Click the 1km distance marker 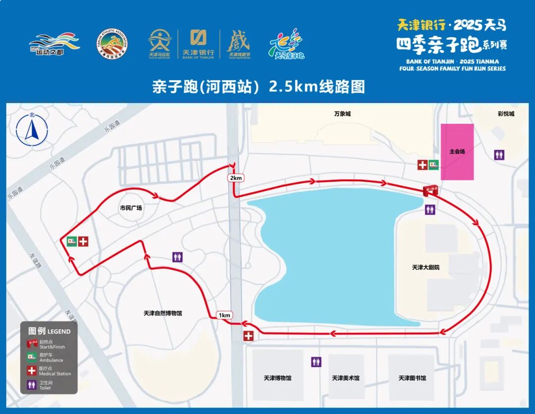pos(225,315)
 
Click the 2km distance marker pos(235,178)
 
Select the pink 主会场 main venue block pos(457,152)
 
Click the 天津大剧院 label pos(426,267)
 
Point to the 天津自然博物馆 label pos(163,313)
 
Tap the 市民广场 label pos(131,207)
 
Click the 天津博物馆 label pos(277,378)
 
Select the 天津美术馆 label pos(346,378)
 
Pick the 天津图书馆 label pos(412,378)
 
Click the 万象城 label pos(342,113)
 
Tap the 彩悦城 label pos(506,113)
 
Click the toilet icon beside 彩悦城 pos(500,155)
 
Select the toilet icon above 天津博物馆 pos(316,362)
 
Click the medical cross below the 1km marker pos(248,336)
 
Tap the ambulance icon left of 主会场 pos(434,165)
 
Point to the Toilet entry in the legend pos(45,385)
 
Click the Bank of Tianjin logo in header pos(198,44)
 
